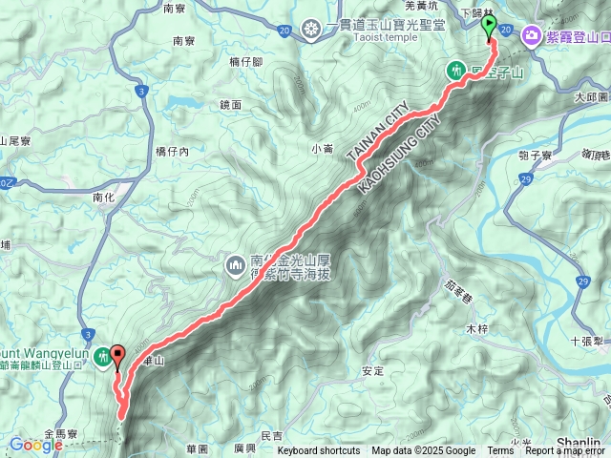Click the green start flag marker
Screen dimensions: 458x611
[x=490, y=26]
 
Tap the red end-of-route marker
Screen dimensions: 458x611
[x=118, y=356]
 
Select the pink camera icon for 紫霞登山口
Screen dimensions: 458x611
[x=530, y=36]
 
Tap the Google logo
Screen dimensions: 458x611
[x=35, y=445]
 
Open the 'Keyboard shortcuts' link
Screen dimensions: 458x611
[x=319, y=451]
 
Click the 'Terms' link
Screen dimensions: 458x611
[x=500, y=451]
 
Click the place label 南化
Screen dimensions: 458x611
[x=104, y=197]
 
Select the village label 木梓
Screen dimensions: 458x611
[x=476, y=328]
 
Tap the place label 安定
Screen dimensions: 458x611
[x=373, y=370]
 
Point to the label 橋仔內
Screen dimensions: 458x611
[x=172, y=151]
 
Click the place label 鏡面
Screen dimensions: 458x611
[x=230, y=104]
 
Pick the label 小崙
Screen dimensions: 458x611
[x=322, y=147]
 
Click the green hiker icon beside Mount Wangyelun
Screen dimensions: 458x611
[x=102, y=356]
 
